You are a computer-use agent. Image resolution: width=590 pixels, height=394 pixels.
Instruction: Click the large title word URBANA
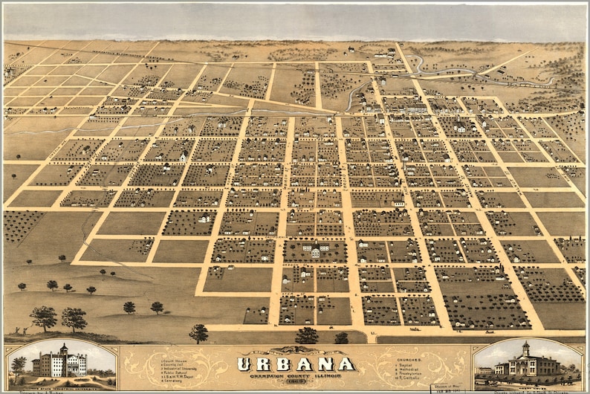coord(296,364)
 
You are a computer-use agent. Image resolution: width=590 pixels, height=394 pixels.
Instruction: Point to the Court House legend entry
coord(175,361)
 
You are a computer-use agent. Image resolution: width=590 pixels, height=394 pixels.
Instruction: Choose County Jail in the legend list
coord(175,365)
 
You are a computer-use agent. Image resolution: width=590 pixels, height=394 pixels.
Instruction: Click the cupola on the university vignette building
coord(64,349)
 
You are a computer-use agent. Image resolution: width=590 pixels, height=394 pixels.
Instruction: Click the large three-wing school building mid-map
coord(314,251)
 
